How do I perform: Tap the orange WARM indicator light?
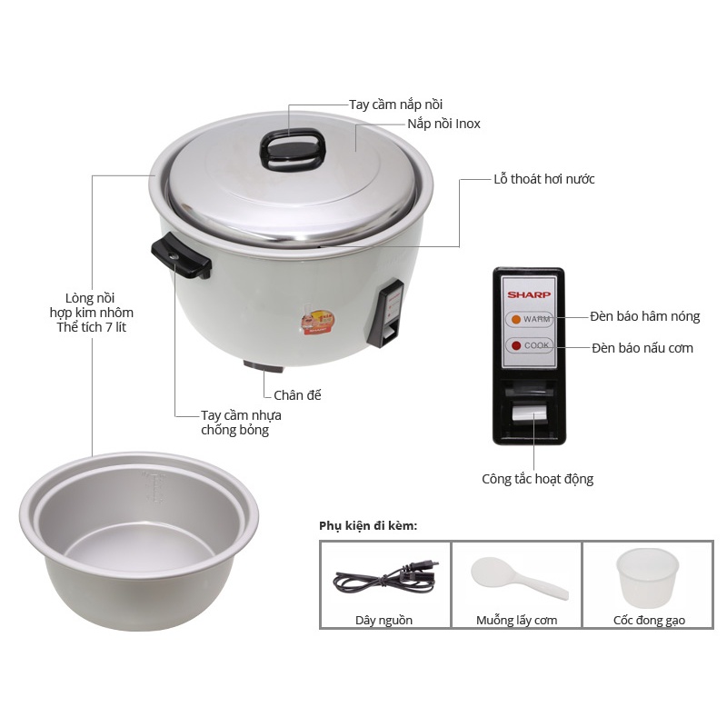515,320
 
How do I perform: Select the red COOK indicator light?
515,346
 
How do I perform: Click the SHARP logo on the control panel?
529,294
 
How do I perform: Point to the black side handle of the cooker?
181,255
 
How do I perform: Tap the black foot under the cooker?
264,366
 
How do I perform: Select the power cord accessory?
384,578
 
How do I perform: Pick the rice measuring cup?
648,578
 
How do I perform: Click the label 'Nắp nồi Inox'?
443,124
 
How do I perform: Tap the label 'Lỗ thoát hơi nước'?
543,179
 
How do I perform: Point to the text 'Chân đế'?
297,395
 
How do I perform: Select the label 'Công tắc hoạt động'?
537,479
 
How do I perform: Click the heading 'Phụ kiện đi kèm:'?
368,526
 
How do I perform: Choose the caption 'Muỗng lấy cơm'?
516,621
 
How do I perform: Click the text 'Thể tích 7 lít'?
92,327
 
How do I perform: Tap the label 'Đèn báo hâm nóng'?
645,316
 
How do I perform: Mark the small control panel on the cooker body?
385,314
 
